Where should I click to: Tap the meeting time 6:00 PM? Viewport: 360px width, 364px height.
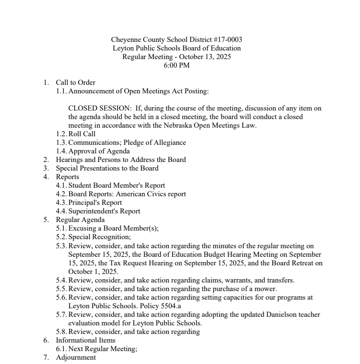[x=176, y=65]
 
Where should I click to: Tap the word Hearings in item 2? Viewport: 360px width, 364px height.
[x=70, y=160]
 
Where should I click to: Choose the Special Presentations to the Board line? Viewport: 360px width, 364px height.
[x=107, y=168]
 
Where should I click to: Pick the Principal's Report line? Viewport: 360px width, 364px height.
[x=95, y=202]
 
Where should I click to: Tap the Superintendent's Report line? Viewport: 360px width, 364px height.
[x=104, y=211]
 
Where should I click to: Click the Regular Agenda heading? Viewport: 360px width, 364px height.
[x=80, y=220]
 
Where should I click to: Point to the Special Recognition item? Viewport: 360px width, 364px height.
[x=99, y=237]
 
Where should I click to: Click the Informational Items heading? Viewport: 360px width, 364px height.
[x=85, y=340]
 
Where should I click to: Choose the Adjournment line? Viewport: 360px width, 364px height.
[x=75, y=357]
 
